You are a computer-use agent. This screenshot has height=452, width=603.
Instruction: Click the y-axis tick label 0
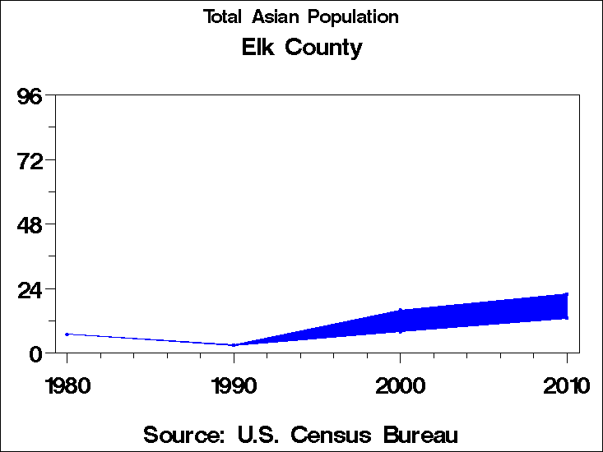36,353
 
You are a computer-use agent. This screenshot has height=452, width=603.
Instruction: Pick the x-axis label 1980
67,385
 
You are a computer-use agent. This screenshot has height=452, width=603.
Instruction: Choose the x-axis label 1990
234,385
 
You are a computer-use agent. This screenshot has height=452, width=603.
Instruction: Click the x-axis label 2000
400,385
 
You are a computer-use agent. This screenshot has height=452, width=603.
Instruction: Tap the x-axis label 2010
566,385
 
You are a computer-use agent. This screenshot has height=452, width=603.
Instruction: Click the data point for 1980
67,334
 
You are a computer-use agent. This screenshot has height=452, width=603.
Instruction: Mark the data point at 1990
234,345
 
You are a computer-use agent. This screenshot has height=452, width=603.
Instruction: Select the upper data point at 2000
400,310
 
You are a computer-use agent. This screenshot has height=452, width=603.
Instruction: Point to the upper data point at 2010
567,294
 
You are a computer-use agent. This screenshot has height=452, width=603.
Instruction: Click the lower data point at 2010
567,318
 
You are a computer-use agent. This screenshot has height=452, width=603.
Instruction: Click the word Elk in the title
258,48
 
